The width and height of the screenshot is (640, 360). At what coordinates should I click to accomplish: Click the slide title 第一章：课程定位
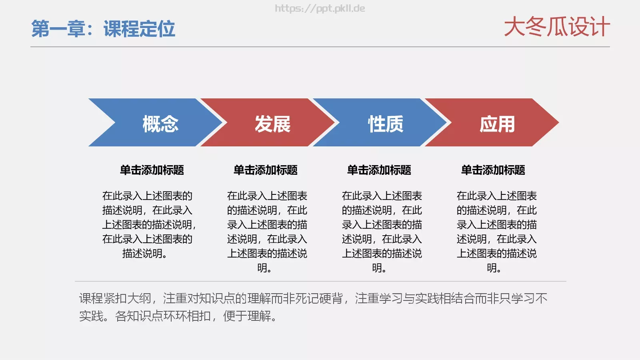tap(103, 29)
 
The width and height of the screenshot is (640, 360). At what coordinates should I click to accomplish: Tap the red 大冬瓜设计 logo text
tap(556, 27)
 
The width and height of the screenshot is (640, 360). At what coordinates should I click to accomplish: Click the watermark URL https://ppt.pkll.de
tap(320, 8)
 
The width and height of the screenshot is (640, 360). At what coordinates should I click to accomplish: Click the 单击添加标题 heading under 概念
tap(152, 170)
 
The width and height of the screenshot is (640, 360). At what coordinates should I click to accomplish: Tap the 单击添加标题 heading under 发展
tap(266, 170)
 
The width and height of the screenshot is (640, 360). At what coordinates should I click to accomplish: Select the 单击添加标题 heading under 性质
tap(379, 170)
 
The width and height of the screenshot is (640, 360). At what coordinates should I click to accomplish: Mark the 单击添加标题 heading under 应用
tap(493, 170)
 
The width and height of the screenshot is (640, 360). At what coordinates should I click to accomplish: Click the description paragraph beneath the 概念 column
tap(148, 224)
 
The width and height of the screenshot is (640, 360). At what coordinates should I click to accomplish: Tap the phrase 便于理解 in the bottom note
tap(248, 316)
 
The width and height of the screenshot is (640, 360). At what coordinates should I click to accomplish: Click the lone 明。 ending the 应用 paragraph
tap(494, 268)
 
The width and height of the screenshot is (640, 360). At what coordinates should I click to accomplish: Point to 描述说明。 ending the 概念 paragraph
tap(144, 253)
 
